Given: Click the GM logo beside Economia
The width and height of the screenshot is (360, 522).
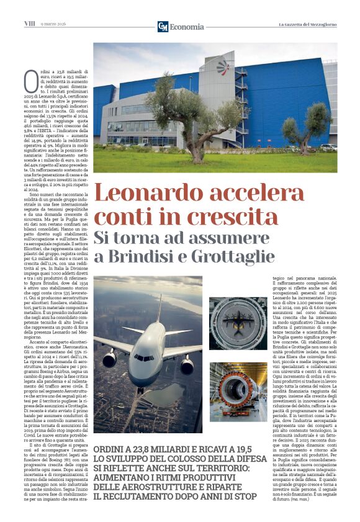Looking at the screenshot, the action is tap(163, 27).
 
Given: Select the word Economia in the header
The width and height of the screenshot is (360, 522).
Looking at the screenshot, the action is tap(187, 27).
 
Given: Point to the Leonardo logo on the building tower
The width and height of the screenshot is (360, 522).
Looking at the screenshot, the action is tap(222, 68).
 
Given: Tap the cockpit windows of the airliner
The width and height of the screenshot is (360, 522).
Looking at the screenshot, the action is tap(144, 358).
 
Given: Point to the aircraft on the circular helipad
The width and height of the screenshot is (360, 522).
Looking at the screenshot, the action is tap(240, 322).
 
